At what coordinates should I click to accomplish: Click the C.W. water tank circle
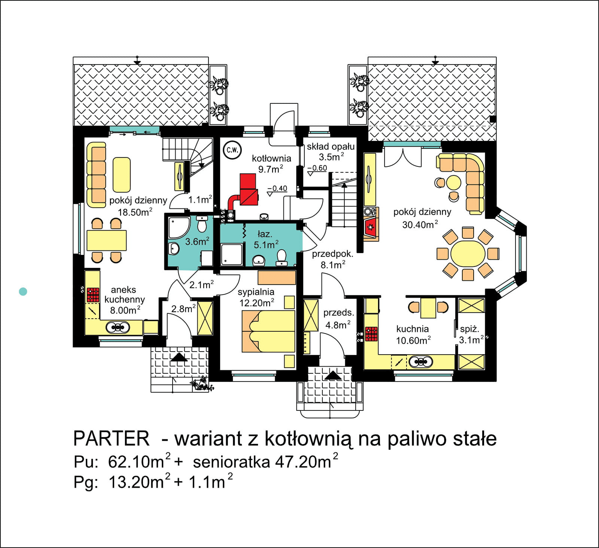click(232, 150)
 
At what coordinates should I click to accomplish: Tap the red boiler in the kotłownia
click(248, 189)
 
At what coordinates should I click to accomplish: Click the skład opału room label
click(331, 151)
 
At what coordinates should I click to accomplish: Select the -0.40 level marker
click(277, 189)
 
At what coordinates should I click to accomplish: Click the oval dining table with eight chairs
click(468, 254)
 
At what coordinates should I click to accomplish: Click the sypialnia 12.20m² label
click(256, 297)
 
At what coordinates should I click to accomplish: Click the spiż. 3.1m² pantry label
click(470, 334)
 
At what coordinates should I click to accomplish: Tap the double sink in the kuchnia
click(421, 362)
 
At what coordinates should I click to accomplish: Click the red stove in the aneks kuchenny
click(93, 295)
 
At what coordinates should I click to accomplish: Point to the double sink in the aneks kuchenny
click(118, 327)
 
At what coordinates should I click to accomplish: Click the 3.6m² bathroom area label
click(197, 241)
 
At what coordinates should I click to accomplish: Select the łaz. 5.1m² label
click(266, 240)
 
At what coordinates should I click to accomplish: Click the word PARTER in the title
click(111, 438)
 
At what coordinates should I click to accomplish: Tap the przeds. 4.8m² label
click(338, 319)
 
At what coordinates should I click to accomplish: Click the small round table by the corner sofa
click(454, 183)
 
